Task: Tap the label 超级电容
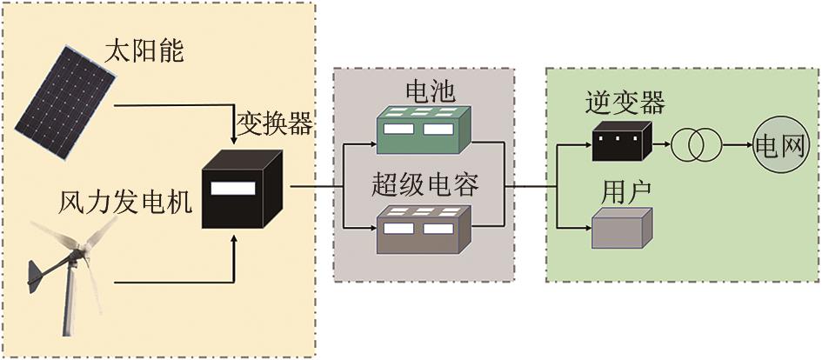[x=425, y=184]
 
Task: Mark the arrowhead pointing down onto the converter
[x=234, y=140]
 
